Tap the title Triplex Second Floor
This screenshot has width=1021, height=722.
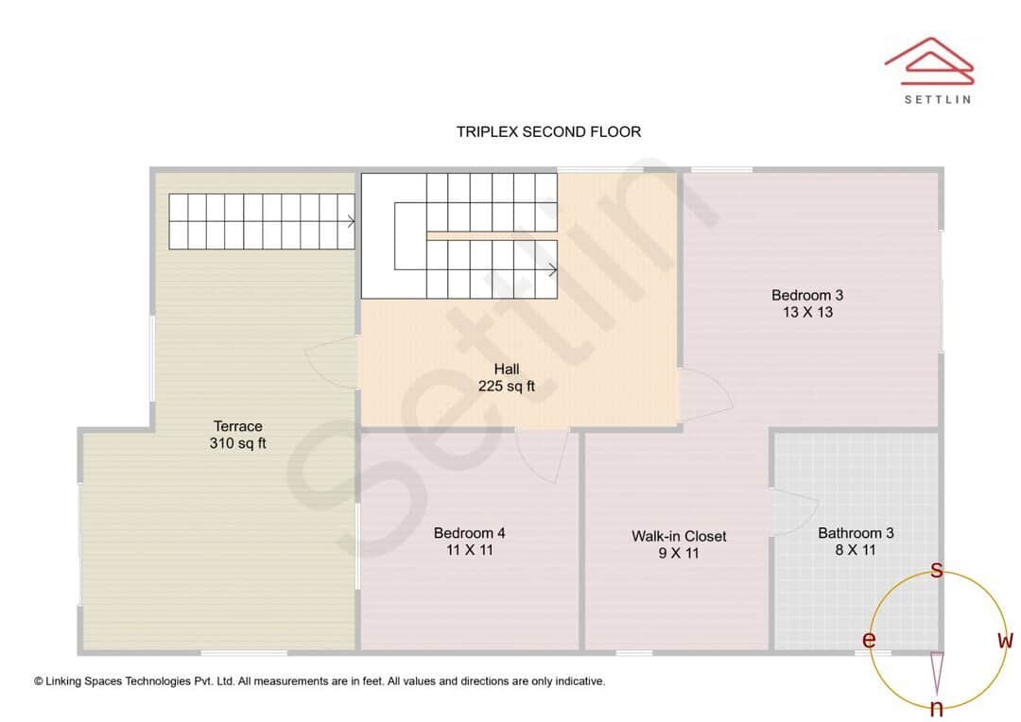(548, 131)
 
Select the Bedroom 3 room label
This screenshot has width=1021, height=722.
(806, 295)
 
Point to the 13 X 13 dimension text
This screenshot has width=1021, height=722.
(806, 312)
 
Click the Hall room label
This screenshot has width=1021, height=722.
(507, 369)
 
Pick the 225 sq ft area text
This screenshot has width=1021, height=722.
(507, 386)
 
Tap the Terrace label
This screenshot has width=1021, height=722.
(237, 426)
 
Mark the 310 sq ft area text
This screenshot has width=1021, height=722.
(237, 442)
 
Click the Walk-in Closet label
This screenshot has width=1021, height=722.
(679, 536)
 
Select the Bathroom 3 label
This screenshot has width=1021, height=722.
(856, 533)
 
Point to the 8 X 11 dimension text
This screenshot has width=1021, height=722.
(856, 549)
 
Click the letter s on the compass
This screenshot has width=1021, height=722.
(937, 570)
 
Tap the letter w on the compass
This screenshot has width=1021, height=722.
(1005, 640)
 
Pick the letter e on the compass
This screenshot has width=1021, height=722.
(869, 640)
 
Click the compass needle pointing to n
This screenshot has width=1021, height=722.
(937, 673)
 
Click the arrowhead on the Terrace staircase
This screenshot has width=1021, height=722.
(351, 223)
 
